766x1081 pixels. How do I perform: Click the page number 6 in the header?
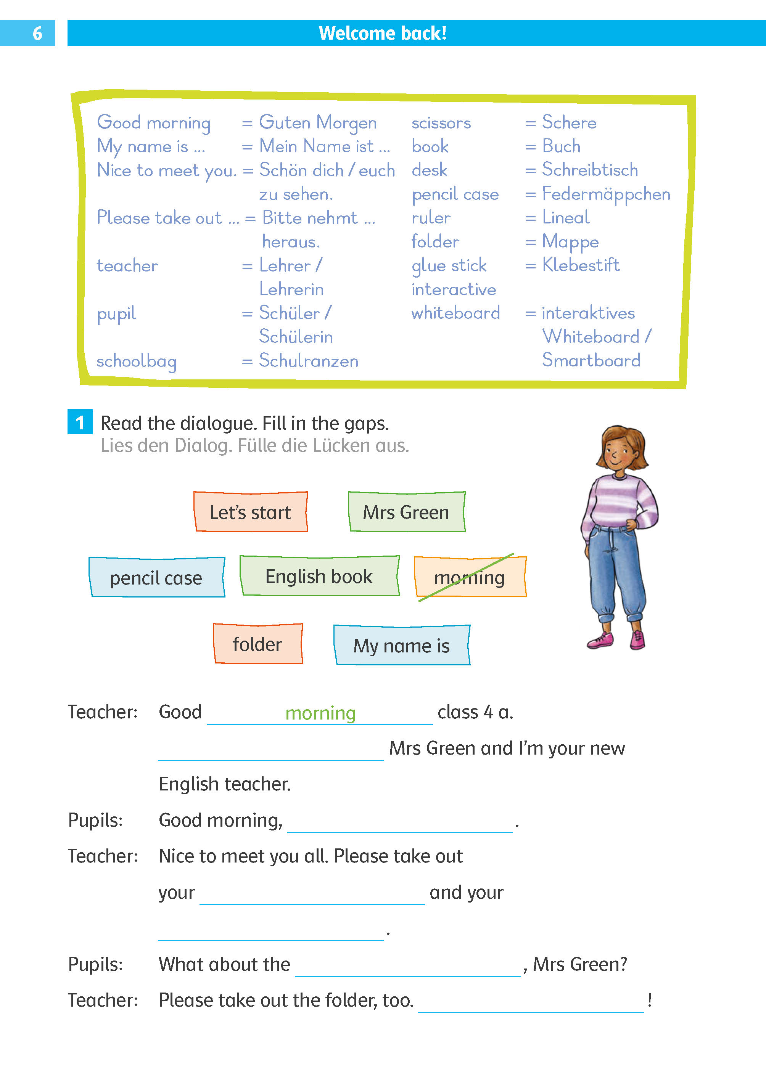click(x=37, y=34)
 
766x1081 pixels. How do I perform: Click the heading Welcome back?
click(x=383, y=34)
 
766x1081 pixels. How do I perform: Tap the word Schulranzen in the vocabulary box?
click(x=309, y=361)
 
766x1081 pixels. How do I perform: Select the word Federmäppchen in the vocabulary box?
click(x=606, y=194)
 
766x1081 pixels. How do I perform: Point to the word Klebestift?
click(x=581, y=265)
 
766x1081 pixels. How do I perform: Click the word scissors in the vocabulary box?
click(x=441, y=123)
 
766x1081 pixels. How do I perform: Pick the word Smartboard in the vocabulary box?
click(x=591, y=361)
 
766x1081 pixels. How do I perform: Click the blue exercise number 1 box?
click(x=80, y=422)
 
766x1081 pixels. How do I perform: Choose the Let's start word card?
click(x=251, y=512)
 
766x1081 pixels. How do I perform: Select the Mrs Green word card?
click(x=406, y=512)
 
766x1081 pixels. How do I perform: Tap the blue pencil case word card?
click(x=156, y=578)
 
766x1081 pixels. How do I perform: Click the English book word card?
click(x=319, y=576)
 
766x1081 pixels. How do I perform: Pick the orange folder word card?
click(x=257, y=644)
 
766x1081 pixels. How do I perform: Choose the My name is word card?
click(x=402, y=646)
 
